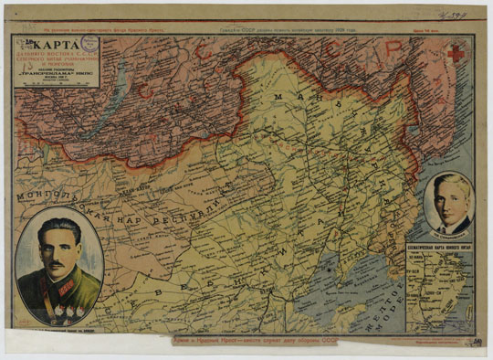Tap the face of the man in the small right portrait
448,198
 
